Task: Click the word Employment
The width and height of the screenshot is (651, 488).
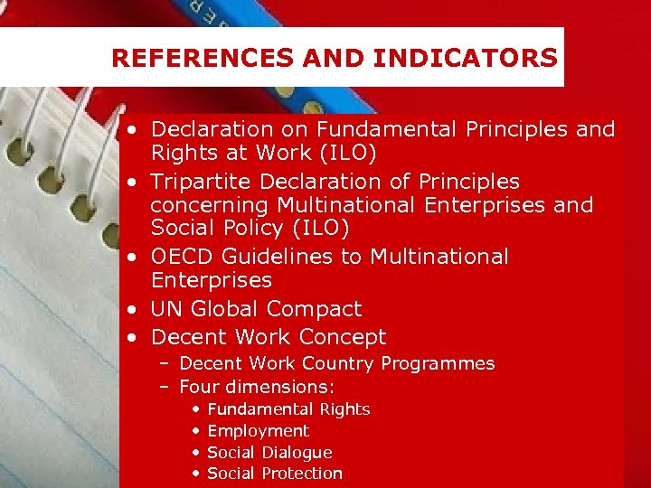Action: pyautogui.click(x=258, y=431)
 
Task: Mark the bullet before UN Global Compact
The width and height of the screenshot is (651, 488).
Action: pyautogui.click(x=132, y=310)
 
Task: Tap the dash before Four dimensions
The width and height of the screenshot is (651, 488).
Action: pyautogui.click(x=165, y=387)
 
